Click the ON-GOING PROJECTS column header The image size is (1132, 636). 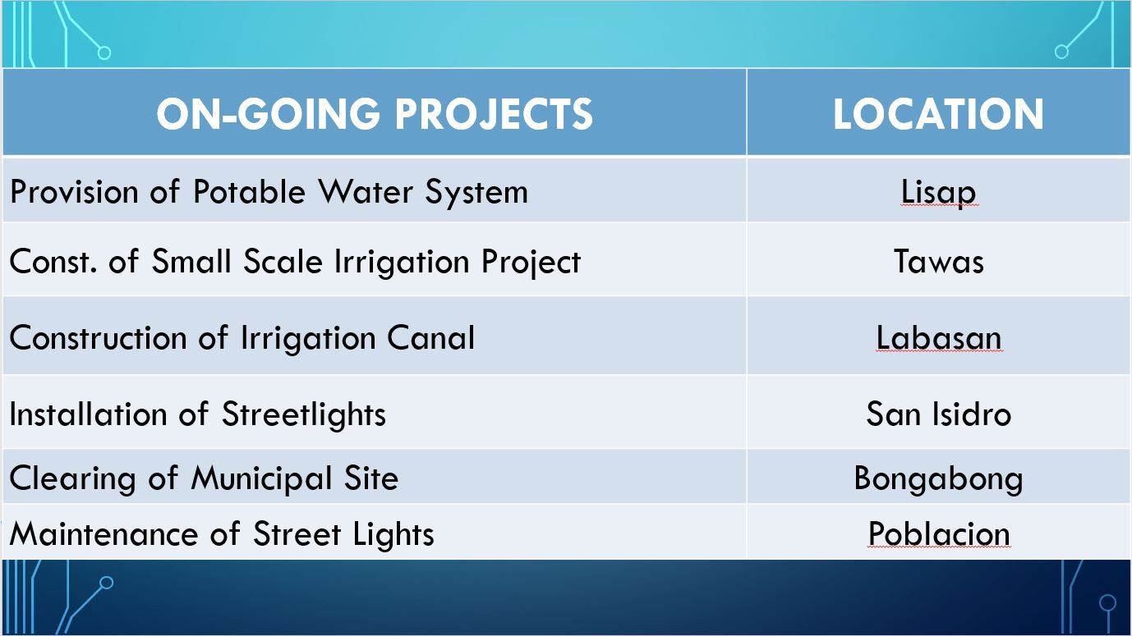[375, 113]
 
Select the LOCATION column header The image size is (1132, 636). [938, 114]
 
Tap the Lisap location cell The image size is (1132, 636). [938, 192]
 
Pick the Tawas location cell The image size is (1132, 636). [938, 262]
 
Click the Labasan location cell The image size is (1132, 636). [938, 337]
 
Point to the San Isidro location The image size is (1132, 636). [938, 414]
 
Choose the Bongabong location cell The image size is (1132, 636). [938, 478]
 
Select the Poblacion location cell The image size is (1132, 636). [938, 533]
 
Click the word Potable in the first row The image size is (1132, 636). [249, 191]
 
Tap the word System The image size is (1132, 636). [476, 192]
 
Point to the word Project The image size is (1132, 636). [531, 263]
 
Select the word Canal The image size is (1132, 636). [431, 337]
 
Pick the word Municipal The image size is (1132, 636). [261, 478]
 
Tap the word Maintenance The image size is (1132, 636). [104, 533]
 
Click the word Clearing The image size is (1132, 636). [72, 478]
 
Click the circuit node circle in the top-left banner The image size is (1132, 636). [104, 53]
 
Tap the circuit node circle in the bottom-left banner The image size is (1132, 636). [106, 583]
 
